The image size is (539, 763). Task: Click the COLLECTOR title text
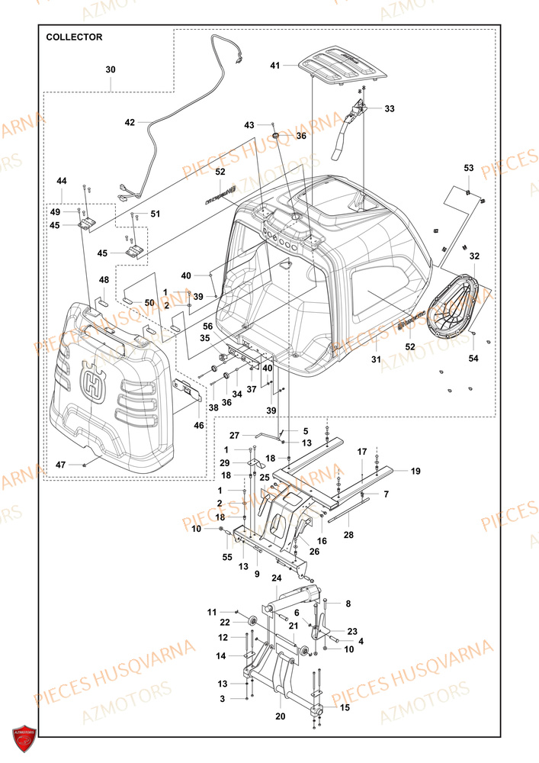(x=74, y=37)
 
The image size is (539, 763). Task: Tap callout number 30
(x=111, y=69)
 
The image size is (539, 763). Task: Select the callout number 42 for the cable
(x=130, y=122)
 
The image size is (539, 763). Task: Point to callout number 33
(x=389, y=109)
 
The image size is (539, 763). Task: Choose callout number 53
(x=468, y=167)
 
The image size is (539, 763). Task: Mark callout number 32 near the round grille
(x=474, y=256)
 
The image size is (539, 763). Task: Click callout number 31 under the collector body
(x=375, y=359)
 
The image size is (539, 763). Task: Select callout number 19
(x=415, y=472)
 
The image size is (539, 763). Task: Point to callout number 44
(x=62, y=181)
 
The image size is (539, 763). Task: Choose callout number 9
(x=257, y=574)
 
